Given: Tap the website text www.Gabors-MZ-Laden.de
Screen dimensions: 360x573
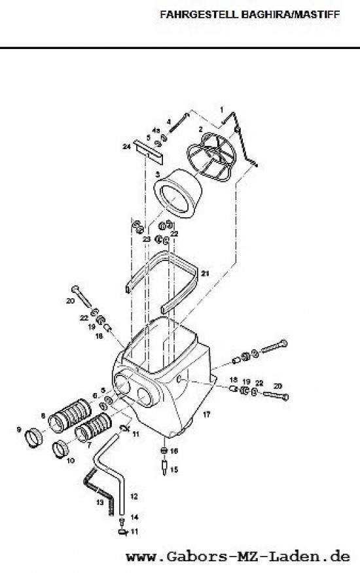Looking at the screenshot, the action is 238,557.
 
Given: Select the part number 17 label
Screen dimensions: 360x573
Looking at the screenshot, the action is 207,414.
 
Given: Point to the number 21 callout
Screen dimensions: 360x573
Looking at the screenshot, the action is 205,273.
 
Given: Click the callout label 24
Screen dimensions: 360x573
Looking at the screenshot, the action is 126,147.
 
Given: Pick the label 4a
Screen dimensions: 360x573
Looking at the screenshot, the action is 156,130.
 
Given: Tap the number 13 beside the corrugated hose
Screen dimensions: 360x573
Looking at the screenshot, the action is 100,502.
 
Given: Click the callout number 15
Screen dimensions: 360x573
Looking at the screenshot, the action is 174,469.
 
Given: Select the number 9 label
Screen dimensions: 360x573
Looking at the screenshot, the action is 19,430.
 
